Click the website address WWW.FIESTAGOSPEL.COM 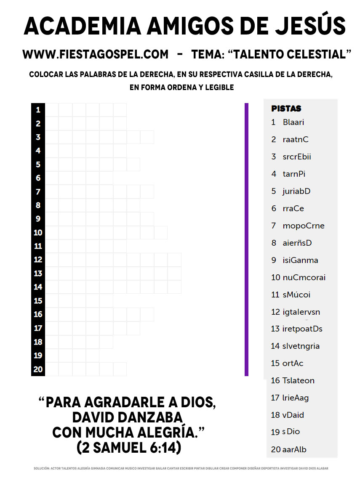coord(96,54)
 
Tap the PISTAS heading coord(286,109)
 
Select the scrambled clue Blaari coord(293,122)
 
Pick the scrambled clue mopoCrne coord(304,226)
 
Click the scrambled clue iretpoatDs coord(302,329)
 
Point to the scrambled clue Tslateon coord(299,380)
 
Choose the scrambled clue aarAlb coord(294,449)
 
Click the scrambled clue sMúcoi coord(296,295)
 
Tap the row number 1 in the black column coord(38,110)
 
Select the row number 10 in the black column coord(38,233)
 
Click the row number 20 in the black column coord(38,369)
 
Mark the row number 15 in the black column coord(38,301)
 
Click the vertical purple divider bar coord(246,239)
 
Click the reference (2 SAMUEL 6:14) coord(129,447)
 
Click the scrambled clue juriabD coord(296,191)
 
